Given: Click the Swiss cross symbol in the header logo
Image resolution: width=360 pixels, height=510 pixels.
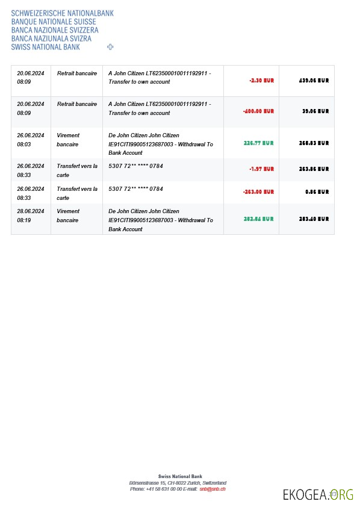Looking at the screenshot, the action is (x=110, y=46).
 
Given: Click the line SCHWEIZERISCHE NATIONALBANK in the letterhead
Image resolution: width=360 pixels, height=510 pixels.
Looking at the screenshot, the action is (x=62, y=13).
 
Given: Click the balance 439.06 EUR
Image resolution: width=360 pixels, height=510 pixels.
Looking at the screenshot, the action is (x=314, y=80).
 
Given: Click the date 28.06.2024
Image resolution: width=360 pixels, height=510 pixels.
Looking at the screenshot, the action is (x=31, y=211).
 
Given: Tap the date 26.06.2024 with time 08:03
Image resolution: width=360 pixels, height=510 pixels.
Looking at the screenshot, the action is (x=31, y=135).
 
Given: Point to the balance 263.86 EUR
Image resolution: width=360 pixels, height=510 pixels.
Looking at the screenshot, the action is (x=314, y=169).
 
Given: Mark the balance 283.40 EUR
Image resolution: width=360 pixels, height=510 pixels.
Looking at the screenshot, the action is (x=314, y=219).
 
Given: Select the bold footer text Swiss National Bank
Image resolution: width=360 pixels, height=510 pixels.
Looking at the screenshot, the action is (x=178, y=476).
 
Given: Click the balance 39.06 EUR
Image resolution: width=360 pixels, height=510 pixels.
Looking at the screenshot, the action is (x=315, y=111).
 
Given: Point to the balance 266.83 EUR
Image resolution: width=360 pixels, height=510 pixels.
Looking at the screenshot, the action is (x=314, y=143).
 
